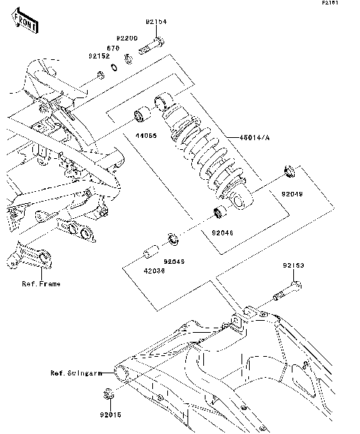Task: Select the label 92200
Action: (127, 37)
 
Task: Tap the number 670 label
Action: (113, 46)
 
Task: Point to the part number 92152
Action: (99, 55)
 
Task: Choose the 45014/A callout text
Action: (235, 137)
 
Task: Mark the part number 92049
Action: (293, 193)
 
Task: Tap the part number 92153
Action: (293, 265)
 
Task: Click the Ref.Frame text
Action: (41, 284)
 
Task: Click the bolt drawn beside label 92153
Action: (286, 292)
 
